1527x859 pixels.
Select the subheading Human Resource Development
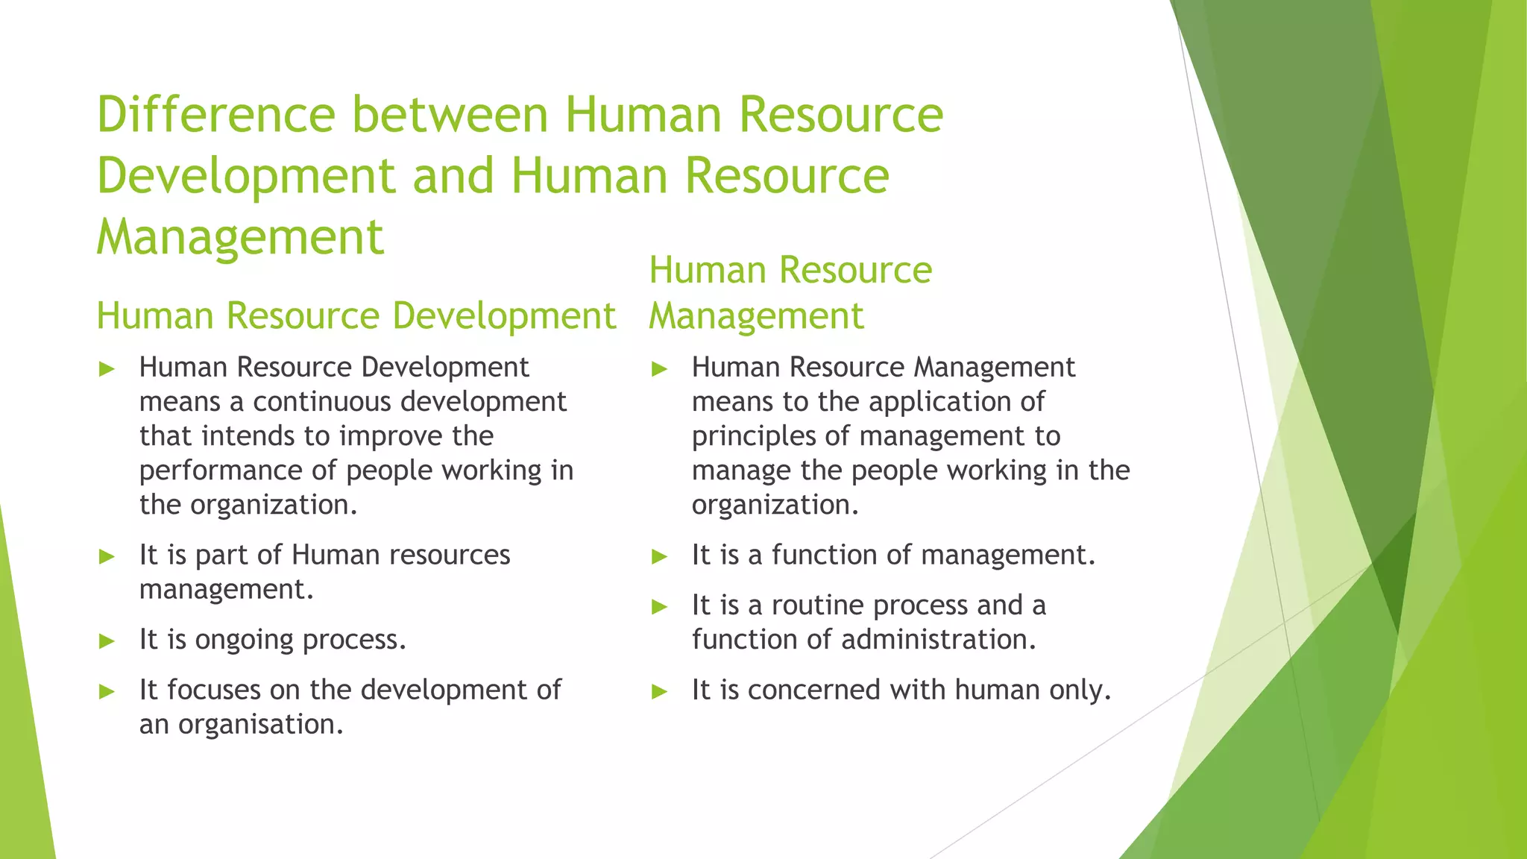point(356,315)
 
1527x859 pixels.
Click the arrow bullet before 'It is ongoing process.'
point(107,641)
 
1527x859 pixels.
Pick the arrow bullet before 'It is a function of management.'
point(659,556)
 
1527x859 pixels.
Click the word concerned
point(813,690)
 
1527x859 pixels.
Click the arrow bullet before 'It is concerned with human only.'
point(659,691)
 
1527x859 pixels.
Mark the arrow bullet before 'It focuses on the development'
point(107,691)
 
